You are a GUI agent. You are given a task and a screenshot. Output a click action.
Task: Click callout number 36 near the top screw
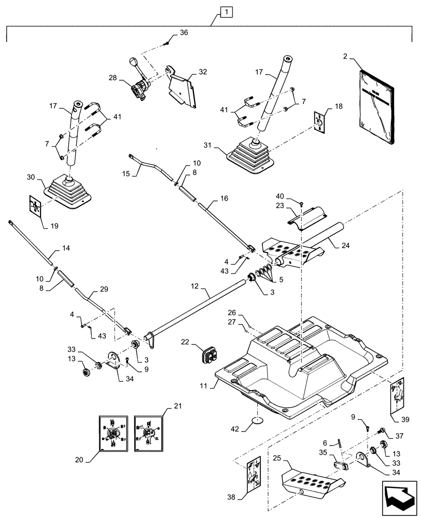184,33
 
